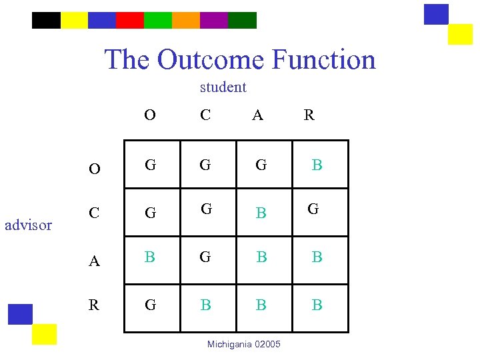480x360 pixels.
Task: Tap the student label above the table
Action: tap(223, 87)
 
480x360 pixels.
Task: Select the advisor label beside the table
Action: tap(28, 225)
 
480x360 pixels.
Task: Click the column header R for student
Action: tap(309, 115)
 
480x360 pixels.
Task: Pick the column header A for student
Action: tap(257, 115)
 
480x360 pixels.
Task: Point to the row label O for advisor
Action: tap(95, 169)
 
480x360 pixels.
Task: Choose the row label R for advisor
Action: tap(94, 305)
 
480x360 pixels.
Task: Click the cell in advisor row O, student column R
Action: tap(317, 165)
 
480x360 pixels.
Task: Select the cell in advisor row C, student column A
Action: tap(261, 213)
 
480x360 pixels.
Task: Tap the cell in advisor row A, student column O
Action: tap(150, 257)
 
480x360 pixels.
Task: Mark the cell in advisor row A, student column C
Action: tap(205, 257)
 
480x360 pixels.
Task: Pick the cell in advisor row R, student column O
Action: tap(150, 305)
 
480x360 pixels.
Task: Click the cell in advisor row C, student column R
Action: tap(313, 209)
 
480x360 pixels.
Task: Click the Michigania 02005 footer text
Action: tap(244, 344)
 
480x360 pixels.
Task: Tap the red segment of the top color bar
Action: tap(129, 20)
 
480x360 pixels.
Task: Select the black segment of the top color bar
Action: tap(46, 20)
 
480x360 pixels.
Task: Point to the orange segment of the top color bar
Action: tap(185, 20)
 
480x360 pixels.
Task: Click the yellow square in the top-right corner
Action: tap(460, 34)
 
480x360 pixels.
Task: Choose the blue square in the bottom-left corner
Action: tap(20, 314)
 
